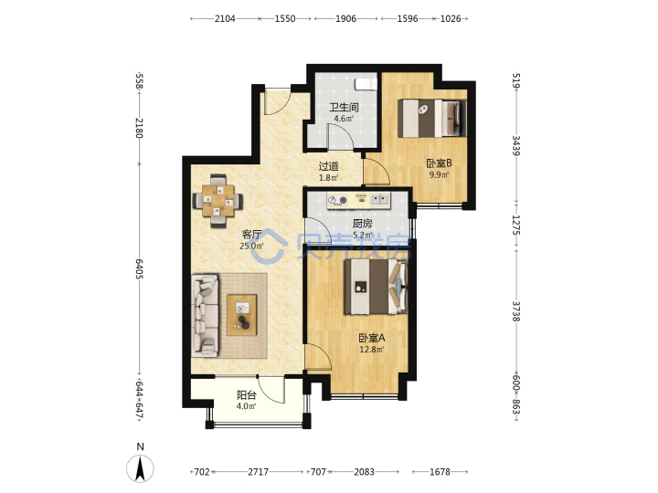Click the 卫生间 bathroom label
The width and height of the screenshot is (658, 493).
[x=344, y=108]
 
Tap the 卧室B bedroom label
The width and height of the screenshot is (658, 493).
[x=439, y=163]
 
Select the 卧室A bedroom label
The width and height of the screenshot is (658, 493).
[x=372, y=338]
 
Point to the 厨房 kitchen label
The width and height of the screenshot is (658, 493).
[x=362, y=224]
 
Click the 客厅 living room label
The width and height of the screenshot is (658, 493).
[x=252, y=235]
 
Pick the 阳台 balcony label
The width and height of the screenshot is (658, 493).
[x=247, y=395]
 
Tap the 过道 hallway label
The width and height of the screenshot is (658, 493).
[x=329, y=166]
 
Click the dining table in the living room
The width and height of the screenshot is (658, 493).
[x=218, y=201]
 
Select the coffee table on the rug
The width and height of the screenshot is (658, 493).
[x=241, y=315]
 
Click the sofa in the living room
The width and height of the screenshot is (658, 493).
[x=206, y=316]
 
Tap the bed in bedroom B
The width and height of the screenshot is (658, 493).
[x=431, y=118]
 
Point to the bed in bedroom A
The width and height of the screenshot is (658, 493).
[x=376, y=287]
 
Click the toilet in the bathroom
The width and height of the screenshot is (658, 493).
[x=366, y=84]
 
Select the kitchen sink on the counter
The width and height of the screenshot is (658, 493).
[x=380, y=200]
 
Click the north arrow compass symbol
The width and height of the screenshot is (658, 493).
[x=140, y=467]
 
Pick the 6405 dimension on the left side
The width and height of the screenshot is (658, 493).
[x=139, y=269]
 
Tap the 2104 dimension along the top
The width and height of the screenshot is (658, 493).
[x=225, y=18]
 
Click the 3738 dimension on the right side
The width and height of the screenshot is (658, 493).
[x=516, y=311]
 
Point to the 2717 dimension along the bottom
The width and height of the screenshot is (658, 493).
[x=258, y=472]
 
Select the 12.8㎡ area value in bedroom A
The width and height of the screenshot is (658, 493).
[x=372, y=349]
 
